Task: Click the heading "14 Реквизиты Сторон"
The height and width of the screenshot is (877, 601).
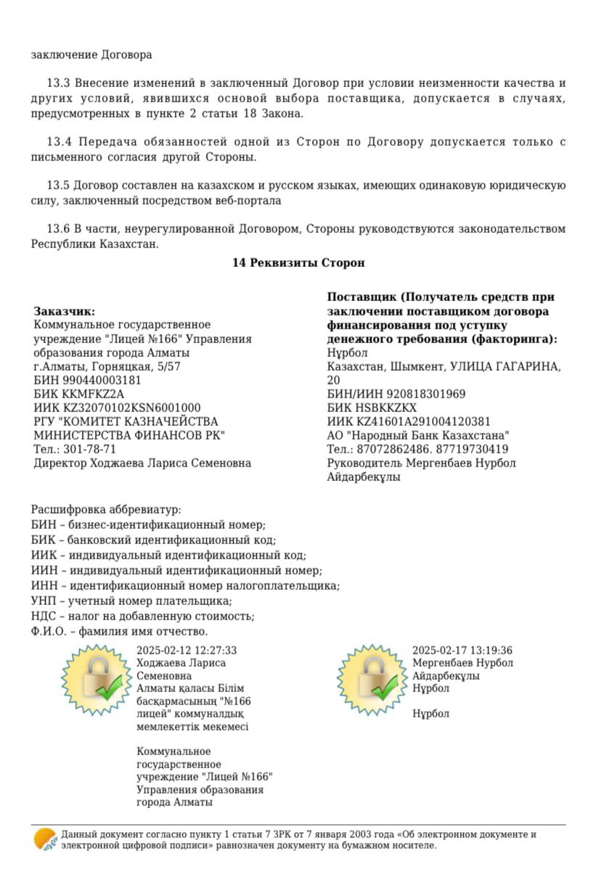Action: [x=298, y=263]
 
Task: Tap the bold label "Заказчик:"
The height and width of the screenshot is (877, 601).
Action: [x=65, y=311]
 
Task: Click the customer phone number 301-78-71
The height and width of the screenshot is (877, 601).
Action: [x=90, y=449]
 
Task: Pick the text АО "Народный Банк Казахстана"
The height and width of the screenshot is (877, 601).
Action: [x=417, y=435]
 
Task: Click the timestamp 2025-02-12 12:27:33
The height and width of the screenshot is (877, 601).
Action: [x=187, y=651]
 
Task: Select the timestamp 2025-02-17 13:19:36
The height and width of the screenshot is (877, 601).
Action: [x=462, y=651]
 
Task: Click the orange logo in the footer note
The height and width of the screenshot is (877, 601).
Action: [x=45, y=839]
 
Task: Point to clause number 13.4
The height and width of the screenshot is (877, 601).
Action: [x=61, y=142]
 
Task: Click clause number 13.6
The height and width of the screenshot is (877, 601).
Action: [x=61, y=229]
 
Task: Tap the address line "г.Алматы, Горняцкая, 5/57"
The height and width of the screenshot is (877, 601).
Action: [x=107, y=366]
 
